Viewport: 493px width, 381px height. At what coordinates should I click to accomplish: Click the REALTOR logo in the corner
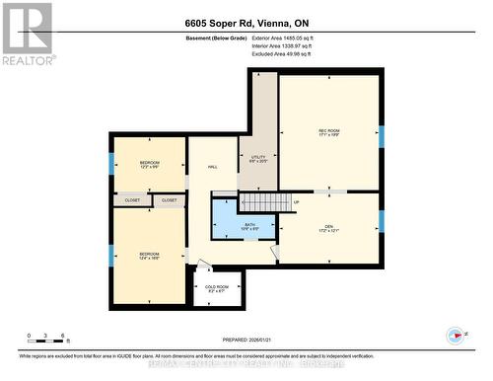[27, 34]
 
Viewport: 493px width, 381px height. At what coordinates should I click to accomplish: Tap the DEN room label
[328, 228]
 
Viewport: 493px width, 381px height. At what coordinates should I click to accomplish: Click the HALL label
[213, 168]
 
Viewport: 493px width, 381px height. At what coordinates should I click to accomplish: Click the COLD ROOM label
[217, 288]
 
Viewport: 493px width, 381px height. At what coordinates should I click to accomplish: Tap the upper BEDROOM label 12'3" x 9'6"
[149, 165]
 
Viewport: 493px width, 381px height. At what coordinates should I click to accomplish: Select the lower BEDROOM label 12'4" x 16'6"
[149, 255]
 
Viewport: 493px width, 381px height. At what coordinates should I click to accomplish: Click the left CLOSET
[132, 200]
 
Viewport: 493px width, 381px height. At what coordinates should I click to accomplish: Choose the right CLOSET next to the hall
[170, 200]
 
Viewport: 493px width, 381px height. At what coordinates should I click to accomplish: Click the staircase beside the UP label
[261, 202]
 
